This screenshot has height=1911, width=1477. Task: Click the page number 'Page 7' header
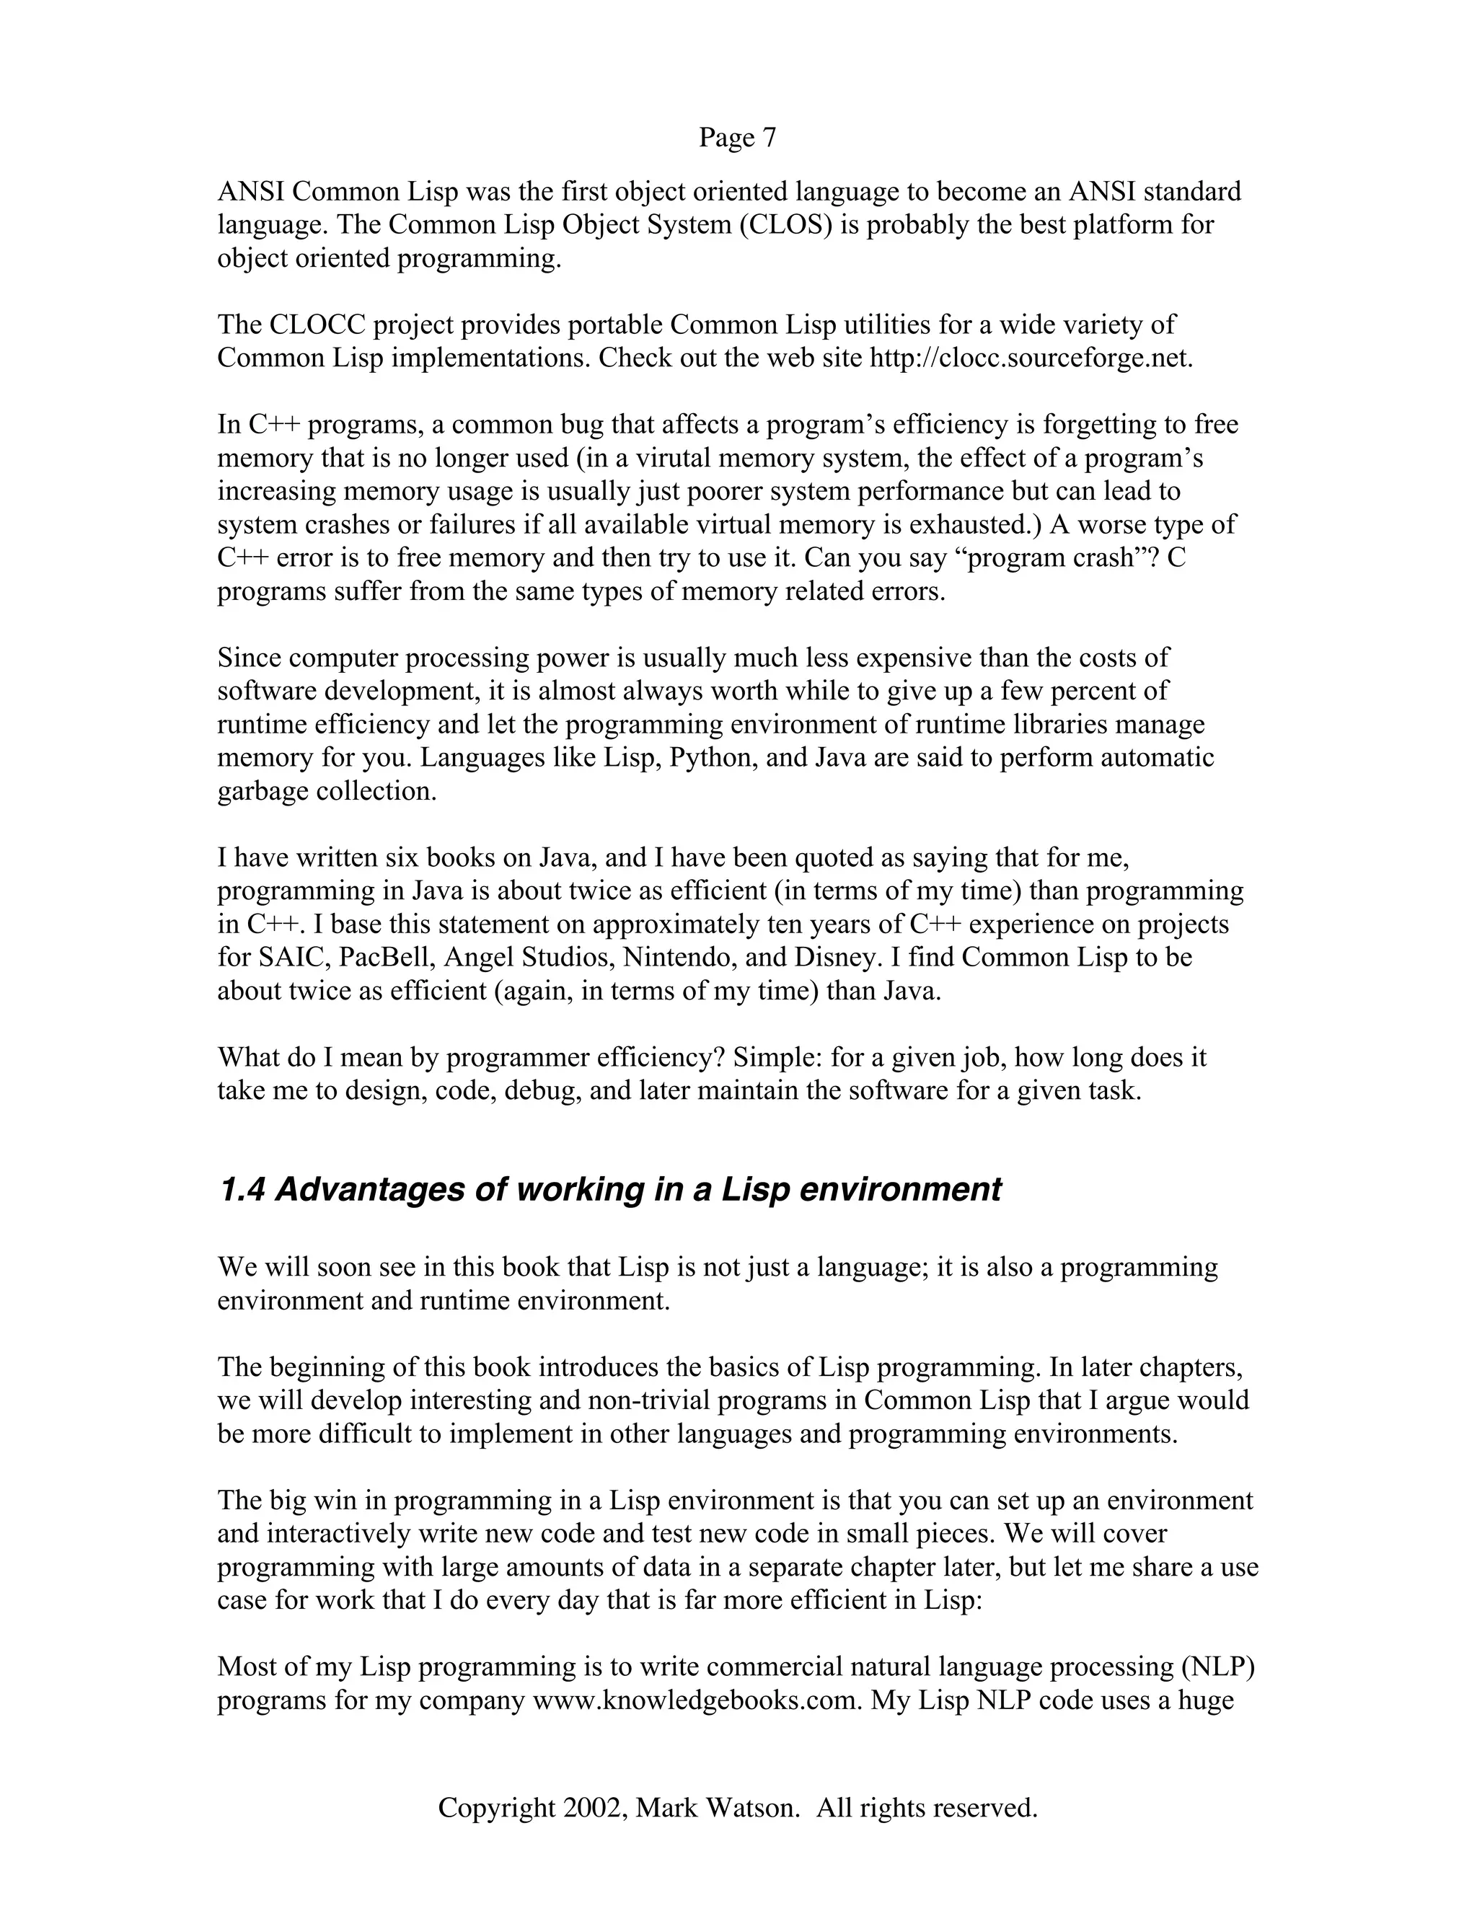click(x=737, y=137)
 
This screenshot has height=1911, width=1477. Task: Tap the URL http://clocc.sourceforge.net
click(x=1030, y=358)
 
